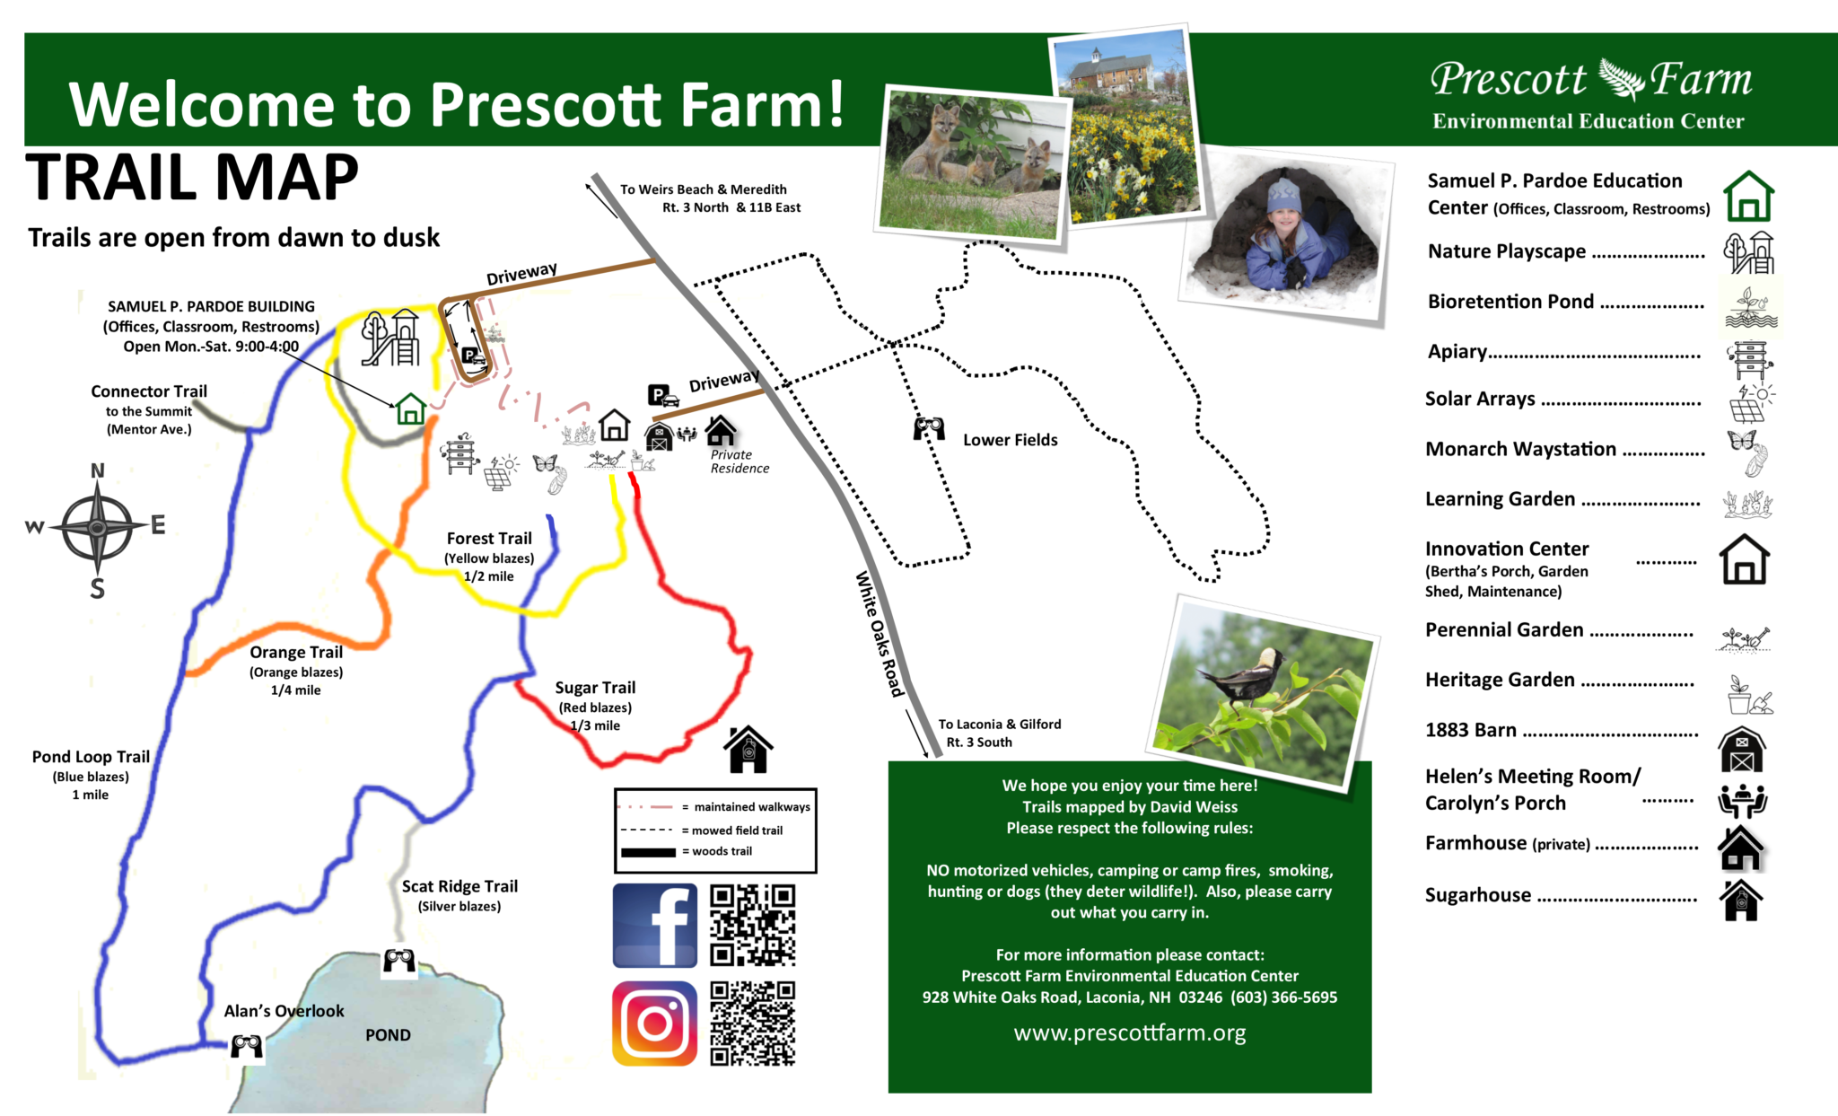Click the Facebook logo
tap(654, 925)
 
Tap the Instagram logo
tap(654, 1023)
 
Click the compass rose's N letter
tap(98, 470)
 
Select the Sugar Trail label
tap(595, 688)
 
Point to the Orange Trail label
tap(296, 653)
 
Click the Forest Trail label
tap(489, 539)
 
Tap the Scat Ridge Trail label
tap(459, 886)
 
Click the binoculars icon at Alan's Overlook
tap(246, 1046)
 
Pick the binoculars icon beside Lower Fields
tap(929, 428)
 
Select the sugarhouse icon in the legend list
tap(1741, 900)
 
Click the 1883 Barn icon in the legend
tap(1741, 750)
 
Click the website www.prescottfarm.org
tap(1129, 1033)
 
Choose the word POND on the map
tap(388, 1035)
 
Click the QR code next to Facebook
tap(752, 925)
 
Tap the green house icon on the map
tap(410, 409)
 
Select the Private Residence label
tap(740, 461)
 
